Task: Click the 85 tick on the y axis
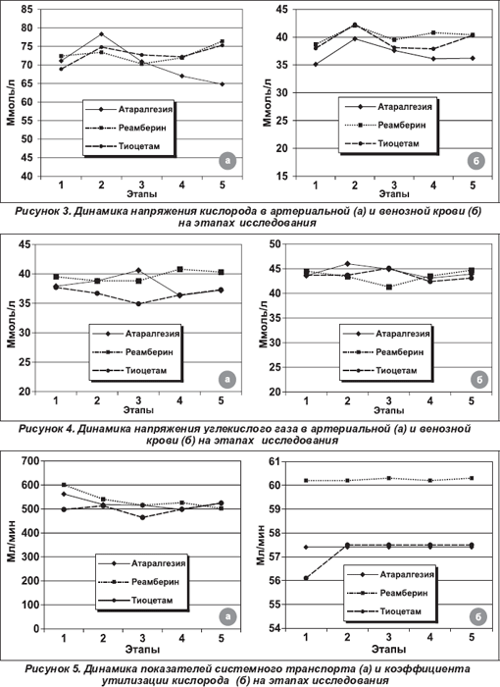coord(26,9)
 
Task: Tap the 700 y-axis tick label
coord(29,460)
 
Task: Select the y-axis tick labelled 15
coord(282,176)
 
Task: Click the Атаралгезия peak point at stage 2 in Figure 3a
coord(102,33)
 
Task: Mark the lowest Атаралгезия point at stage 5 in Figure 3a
coord(223,84)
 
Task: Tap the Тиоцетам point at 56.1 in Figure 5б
coord(306,578)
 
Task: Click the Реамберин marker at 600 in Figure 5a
coord(64,485)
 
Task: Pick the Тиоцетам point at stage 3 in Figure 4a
coord(138,303)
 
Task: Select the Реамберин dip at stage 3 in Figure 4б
coord(388,287)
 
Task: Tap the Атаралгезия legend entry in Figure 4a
coord(135,334)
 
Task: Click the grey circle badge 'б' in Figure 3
coord(476,161)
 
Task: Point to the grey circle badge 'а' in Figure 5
coord(227,616)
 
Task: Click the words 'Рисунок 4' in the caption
coord(46,429)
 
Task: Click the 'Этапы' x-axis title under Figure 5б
coord(389,649)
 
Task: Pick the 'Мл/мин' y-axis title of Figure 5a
coord(12,541)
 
